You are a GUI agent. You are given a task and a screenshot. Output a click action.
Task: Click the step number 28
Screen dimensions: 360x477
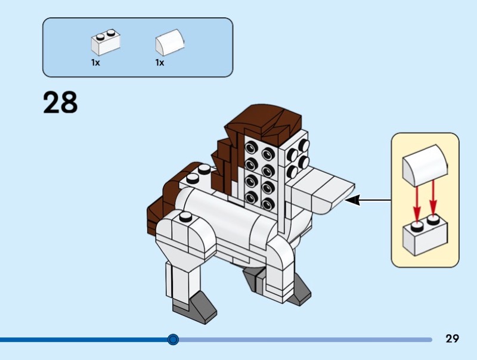pos(60,103)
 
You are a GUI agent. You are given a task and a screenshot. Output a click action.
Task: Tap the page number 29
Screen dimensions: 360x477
pos(452,339)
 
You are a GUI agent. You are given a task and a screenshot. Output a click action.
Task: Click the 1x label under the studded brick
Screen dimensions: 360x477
pos(95,63)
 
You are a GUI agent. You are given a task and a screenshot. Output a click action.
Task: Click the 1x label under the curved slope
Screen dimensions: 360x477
pos(160,63)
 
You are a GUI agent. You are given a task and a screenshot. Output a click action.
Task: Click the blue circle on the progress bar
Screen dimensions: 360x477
pos(173,340)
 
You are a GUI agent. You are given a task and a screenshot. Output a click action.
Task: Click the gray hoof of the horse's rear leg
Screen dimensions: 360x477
pos(253,275)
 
